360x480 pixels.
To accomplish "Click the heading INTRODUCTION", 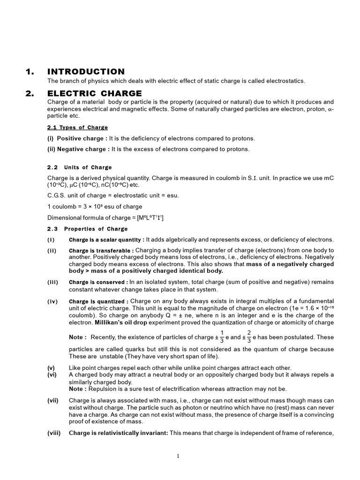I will click(x=86, y=72).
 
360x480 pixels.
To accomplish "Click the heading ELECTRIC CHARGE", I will click(x=94, y=93).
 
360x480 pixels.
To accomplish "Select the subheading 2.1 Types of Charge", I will click(x=77, y=127).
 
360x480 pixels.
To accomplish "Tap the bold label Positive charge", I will click(x=80, y=138).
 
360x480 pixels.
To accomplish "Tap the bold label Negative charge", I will click(x=81, y=149).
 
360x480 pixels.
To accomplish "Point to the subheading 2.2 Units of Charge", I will click(x=79, y=167).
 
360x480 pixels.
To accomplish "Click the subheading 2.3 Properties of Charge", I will click(x=87, y=229).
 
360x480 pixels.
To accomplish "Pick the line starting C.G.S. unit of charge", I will click(x=113, y=195).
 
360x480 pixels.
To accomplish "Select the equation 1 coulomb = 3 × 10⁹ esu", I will click(x=95, y=207).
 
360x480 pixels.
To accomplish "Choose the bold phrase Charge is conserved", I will click(x=98, y=282).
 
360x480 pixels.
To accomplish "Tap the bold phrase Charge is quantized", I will click(x=98, y=301).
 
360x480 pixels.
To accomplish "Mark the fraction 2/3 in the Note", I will click(x=249, y=337).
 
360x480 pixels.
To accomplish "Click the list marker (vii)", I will click(x=53, y=400).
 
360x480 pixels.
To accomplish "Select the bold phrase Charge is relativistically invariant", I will click(x=118, y=433).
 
